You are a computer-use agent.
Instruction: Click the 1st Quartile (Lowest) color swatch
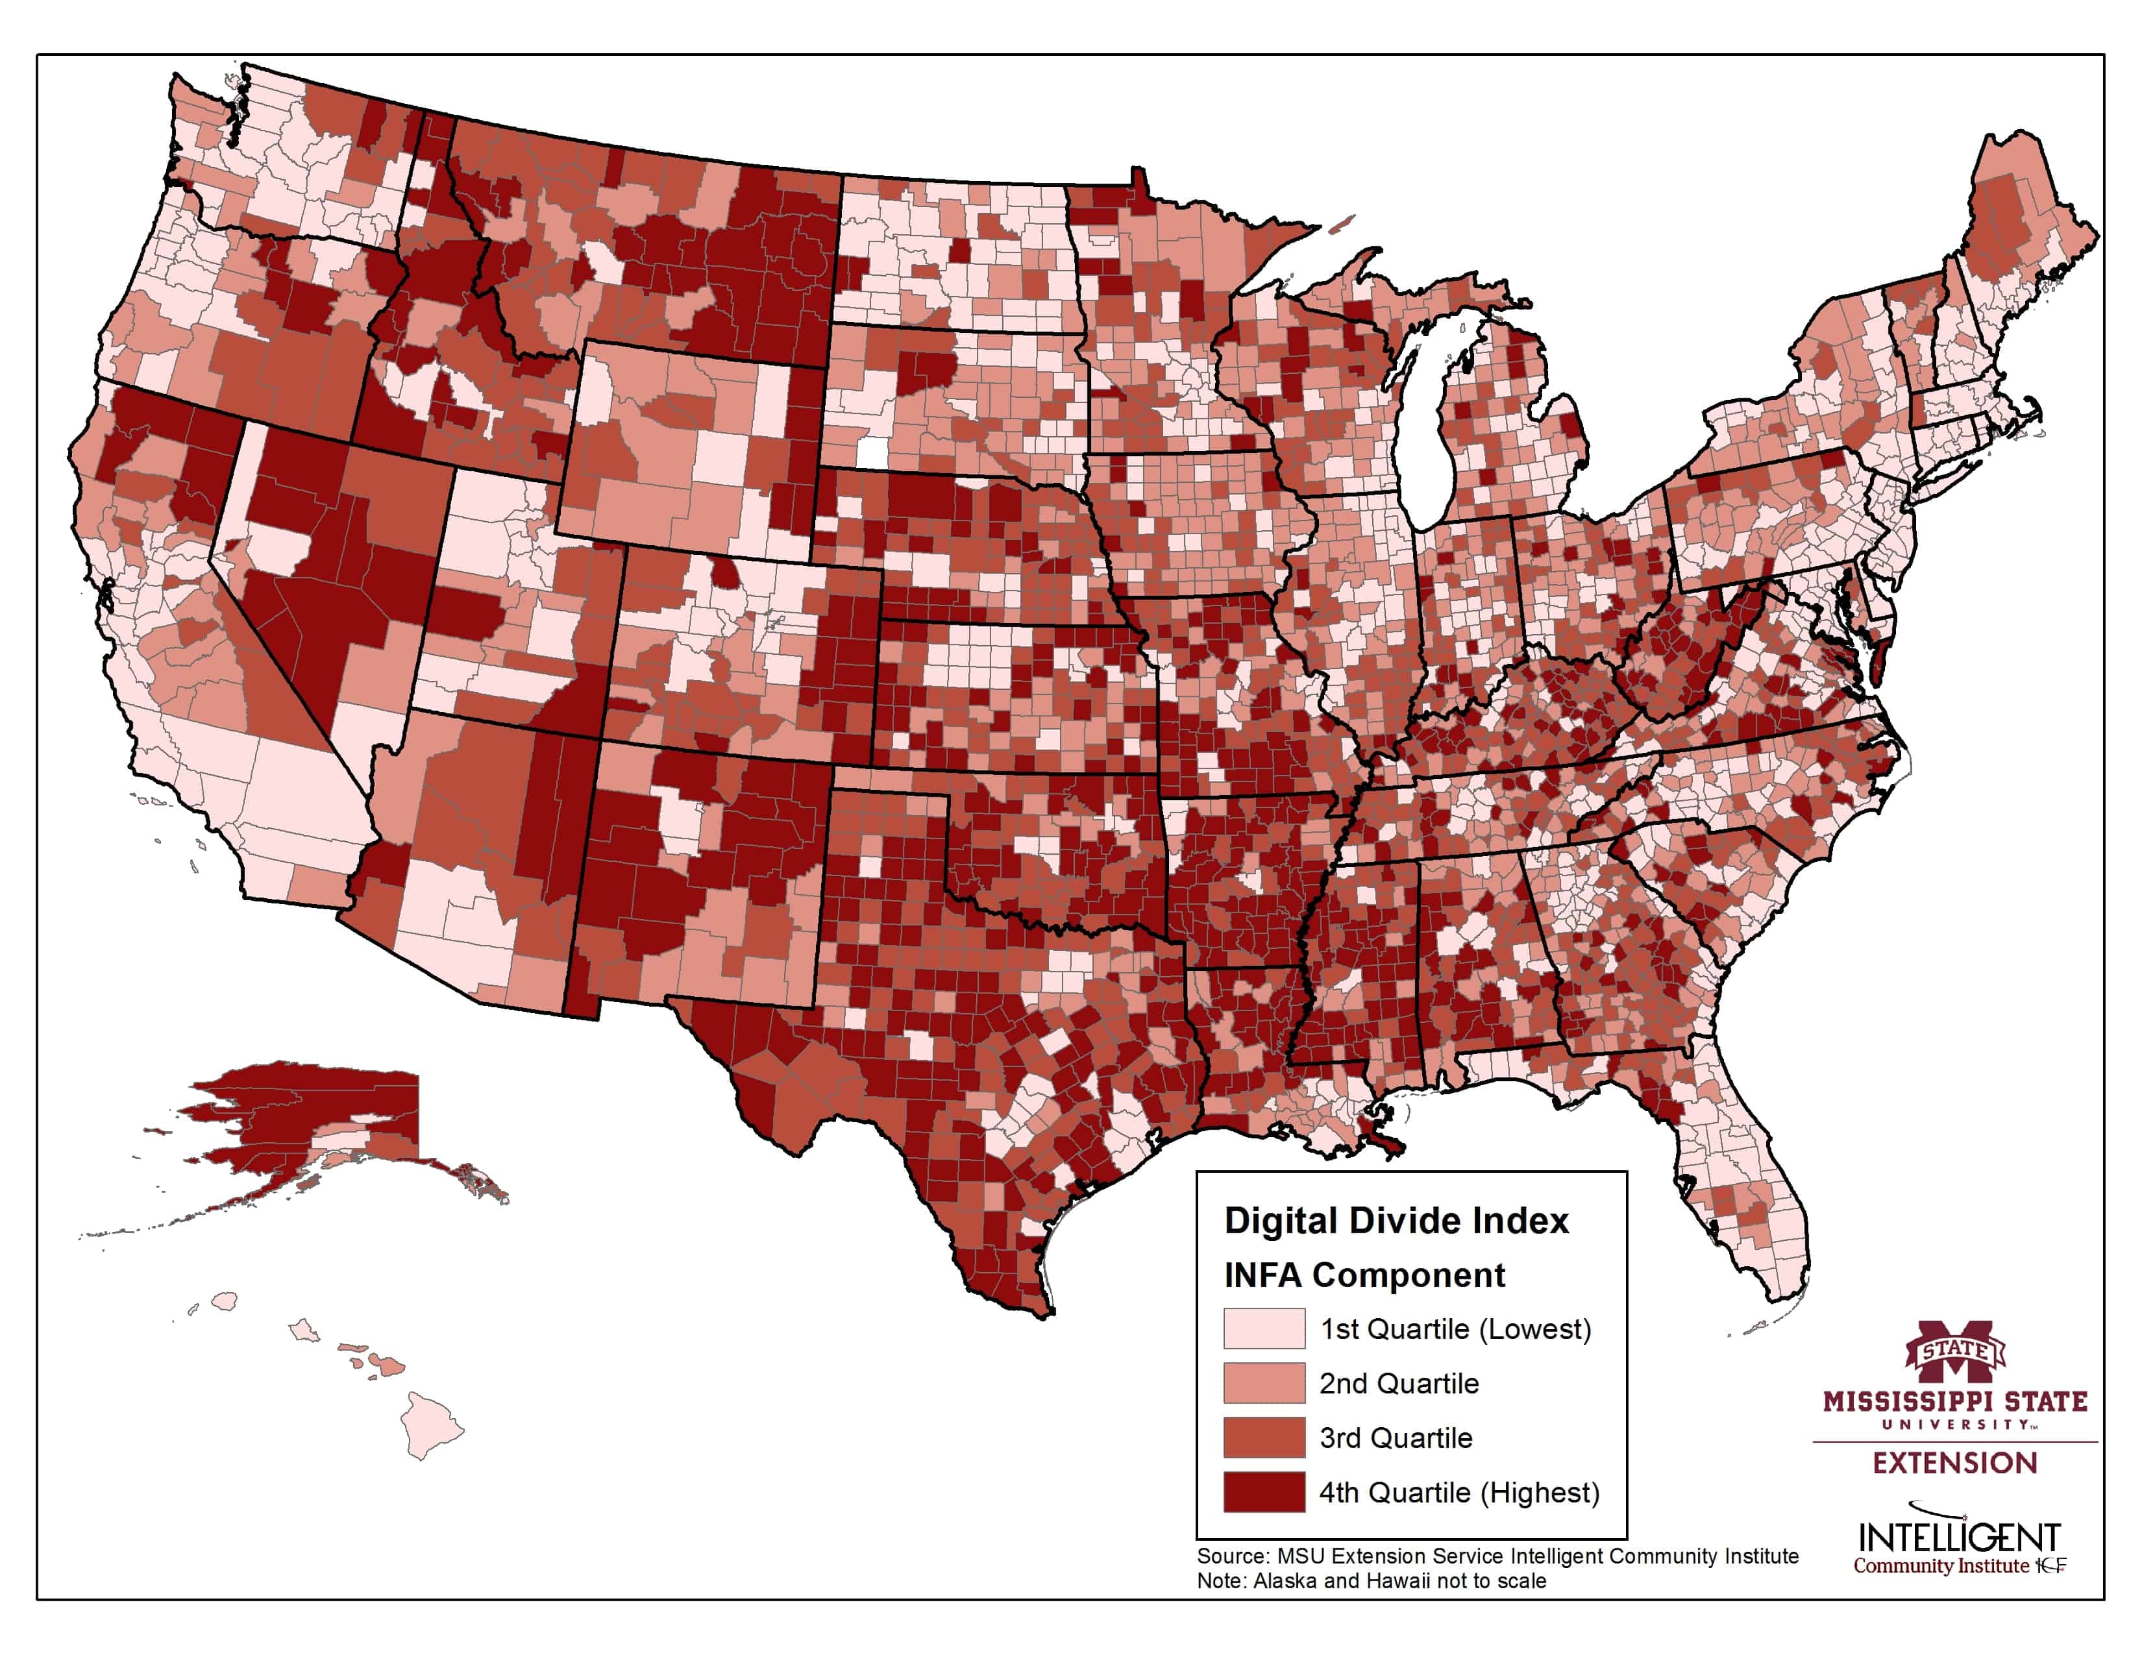click(x=1263, y=1329)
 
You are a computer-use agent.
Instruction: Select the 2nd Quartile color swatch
click(x=1263, y=1384)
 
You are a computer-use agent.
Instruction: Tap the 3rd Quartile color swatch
click(x=1263, y=1438)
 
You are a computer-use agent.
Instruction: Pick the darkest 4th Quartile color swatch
click(x=1263, y=1492)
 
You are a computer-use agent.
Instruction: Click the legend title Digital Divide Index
click(x=1396, y=1221)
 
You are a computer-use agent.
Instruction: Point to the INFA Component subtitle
click(x=1363, y=1275)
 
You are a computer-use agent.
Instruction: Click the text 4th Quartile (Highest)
click(x=1459, y=1492)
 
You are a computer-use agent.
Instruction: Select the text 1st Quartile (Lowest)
click(x=1455, y=1329)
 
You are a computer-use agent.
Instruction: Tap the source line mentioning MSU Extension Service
click(x=1497, y=1556)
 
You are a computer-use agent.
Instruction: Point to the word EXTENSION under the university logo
click(x=1954, y=1463)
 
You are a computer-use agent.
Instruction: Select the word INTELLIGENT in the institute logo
click(x=1958, y=1536)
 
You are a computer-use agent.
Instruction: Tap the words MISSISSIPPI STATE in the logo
click(x=1954, y=1401)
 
